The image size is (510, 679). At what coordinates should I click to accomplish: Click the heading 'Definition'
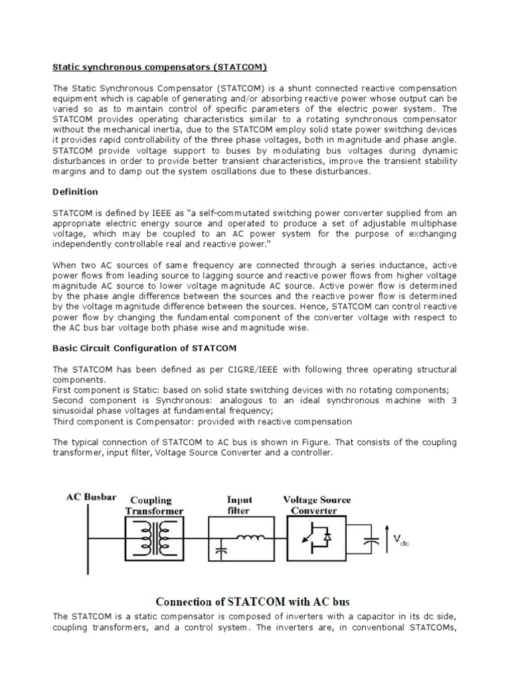tap(75, 192)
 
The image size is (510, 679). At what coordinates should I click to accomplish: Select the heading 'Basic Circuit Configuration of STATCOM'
tap(144, 347)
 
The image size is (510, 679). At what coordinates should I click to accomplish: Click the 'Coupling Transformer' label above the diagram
tap(155, 505)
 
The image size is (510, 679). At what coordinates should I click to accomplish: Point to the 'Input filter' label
tap(239, 505)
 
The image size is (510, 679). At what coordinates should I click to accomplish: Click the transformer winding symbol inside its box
tap(155, 536)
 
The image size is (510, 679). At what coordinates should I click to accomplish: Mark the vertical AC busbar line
tap(86, 537)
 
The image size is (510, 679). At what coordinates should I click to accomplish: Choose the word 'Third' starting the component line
tap(65, 422)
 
